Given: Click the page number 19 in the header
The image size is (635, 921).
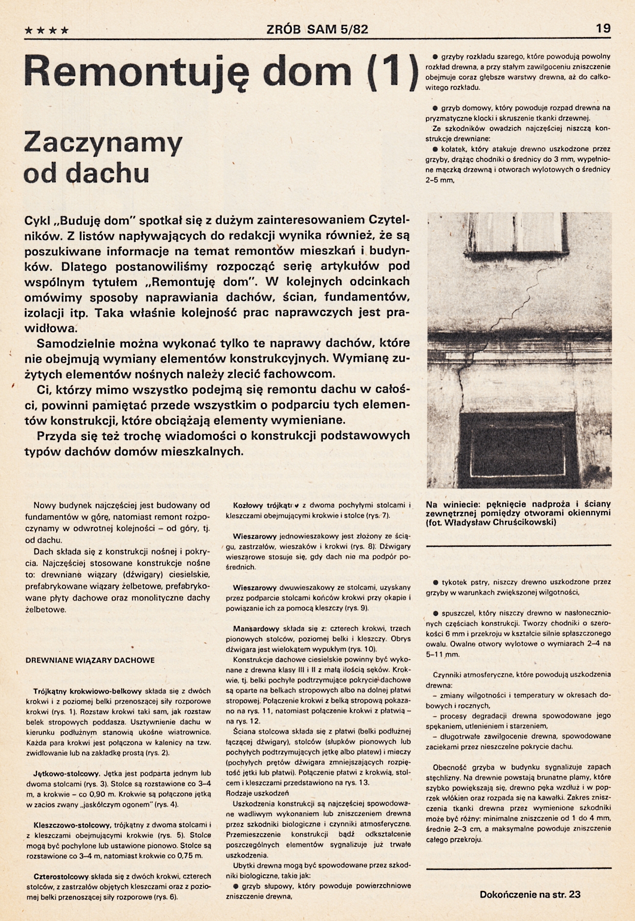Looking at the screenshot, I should point(603,28).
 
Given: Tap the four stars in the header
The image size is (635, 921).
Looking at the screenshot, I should point(46,30).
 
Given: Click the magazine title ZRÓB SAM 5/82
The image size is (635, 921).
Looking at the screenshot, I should point(317,29).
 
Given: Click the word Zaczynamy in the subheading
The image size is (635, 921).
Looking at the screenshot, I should point(103,142).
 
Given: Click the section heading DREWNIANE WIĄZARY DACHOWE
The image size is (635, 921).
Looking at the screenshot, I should point(90,660).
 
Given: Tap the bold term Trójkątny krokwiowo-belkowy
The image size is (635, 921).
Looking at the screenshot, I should point(88,691).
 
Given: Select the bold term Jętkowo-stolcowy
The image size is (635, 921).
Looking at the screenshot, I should point(67,773).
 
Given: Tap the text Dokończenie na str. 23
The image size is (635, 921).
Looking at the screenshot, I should point(530,894).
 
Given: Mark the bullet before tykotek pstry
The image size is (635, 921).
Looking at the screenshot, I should point(435,582).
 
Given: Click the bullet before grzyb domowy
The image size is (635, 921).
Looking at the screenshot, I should point(435,108).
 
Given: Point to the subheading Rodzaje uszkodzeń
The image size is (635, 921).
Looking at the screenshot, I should point(257,793).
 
